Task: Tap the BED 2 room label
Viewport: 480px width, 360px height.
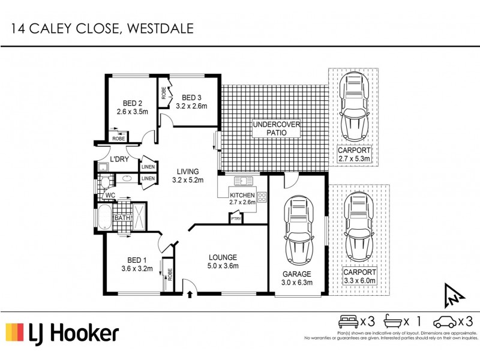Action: click(x=127, y=103)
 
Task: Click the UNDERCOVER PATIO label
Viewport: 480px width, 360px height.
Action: click(x=275, y=129)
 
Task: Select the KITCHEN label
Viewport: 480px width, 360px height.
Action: click(x=242, y=195)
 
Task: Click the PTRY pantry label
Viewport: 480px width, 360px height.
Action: click(x=236, y=219)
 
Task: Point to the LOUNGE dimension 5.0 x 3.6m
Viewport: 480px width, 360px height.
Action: click(x=223, y=266)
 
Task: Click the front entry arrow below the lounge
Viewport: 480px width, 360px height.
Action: click(x=190, y=295)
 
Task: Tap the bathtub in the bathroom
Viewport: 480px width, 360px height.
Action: click(x=104, y=218)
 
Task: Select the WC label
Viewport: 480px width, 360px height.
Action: click(x=110, y=196)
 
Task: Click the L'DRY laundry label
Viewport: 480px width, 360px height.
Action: click(x=119, y=159)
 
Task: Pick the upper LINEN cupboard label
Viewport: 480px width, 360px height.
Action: click(x=148, y=166)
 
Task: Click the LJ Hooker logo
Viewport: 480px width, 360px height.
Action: click(x=62, y=333)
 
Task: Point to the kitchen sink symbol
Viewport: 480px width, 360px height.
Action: click(x=244, y=181)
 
